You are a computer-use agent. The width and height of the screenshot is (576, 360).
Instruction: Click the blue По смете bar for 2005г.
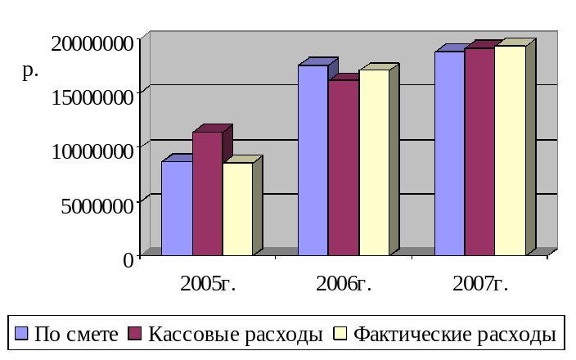(x=177, y=208)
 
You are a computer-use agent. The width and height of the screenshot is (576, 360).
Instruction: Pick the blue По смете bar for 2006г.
(x=313, y=160)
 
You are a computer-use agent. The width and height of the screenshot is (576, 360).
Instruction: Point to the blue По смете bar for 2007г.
(x=449, y=153)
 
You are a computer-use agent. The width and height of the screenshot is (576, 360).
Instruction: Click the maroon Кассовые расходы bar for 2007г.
(x=479, y=151)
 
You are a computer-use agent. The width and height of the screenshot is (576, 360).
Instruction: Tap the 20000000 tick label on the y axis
(x=92, y=43)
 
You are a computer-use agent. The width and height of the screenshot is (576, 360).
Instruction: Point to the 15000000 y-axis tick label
(x=92, y=97)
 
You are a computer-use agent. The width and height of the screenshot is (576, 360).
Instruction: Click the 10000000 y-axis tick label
(x=92, y=151)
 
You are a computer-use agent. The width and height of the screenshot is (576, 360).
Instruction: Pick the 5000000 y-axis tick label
(x=97, y=205)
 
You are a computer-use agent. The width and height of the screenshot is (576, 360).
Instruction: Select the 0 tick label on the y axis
(x=128, y=259)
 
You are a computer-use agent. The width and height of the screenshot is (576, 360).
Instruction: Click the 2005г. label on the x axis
(x=207, y=284)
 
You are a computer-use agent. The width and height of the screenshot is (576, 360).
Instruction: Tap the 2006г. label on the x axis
(x=344, y=284)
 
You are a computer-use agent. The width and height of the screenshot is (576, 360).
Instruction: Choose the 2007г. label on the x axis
(x=480, y=284)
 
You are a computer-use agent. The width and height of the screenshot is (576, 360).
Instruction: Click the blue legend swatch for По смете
(x=22, y=334)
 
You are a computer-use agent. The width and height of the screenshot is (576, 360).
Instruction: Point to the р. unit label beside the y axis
(x=30, y=71)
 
